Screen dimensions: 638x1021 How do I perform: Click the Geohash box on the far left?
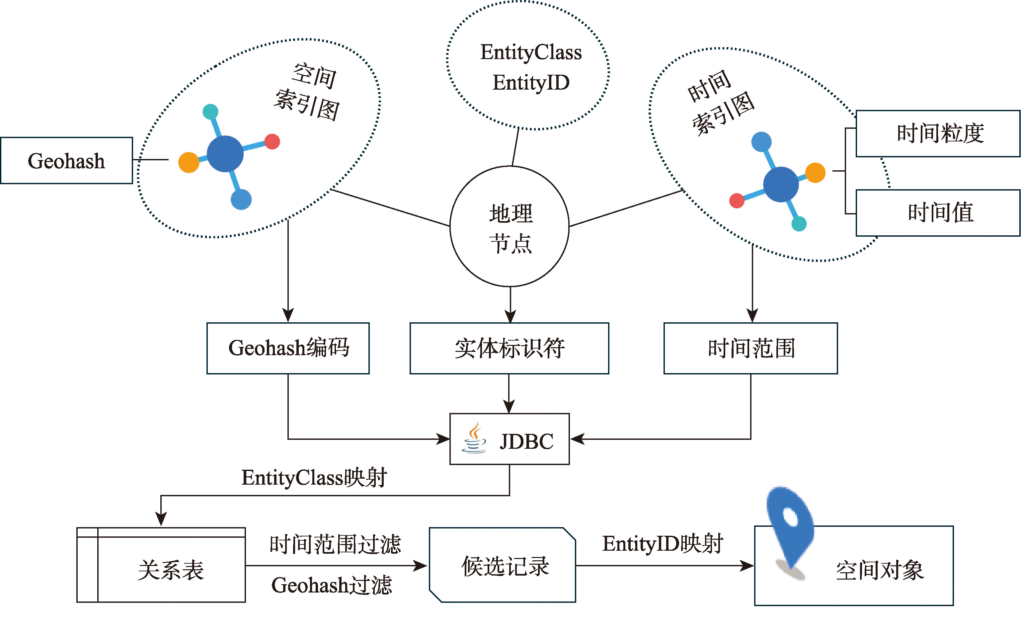(x=66, y=160)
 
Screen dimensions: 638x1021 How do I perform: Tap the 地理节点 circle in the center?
(x=510, y=227)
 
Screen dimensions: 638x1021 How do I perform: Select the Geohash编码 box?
(x=288, y=348)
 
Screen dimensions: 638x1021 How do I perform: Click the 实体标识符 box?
(x=509, y=348)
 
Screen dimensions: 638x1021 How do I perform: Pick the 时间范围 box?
(x=750, y=348)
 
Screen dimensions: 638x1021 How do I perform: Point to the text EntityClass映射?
(x=314, y=478)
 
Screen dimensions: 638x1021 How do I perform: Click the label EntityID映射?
(x=663, y=543)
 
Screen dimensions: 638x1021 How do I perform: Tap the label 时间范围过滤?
(x=336, y=544)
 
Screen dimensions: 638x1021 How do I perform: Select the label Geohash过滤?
(x=332, y=585)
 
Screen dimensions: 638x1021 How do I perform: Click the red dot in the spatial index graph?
(x=272, y=141)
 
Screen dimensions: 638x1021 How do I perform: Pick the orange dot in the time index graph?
(x=815, y=173)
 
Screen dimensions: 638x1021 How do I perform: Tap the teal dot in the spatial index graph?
(x=210, y=112)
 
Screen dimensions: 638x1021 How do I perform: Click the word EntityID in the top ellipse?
(x=531, y=83)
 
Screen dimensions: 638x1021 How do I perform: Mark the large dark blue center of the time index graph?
(x=781, y=184)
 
